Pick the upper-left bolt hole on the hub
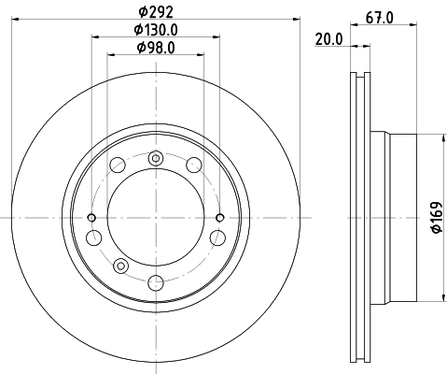[x=118, y=165]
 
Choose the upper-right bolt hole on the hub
[x=193, y=165]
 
